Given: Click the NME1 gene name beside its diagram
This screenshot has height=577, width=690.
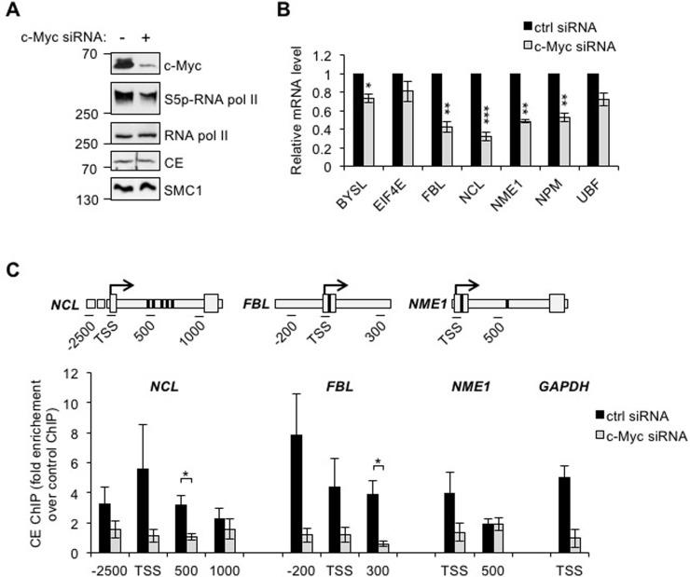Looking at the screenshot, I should [424, 302].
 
